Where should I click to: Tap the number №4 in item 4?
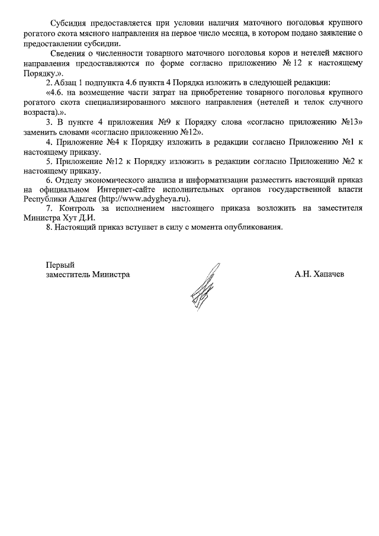point(105,143)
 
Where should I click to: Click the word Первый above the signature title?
point(60,265)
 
